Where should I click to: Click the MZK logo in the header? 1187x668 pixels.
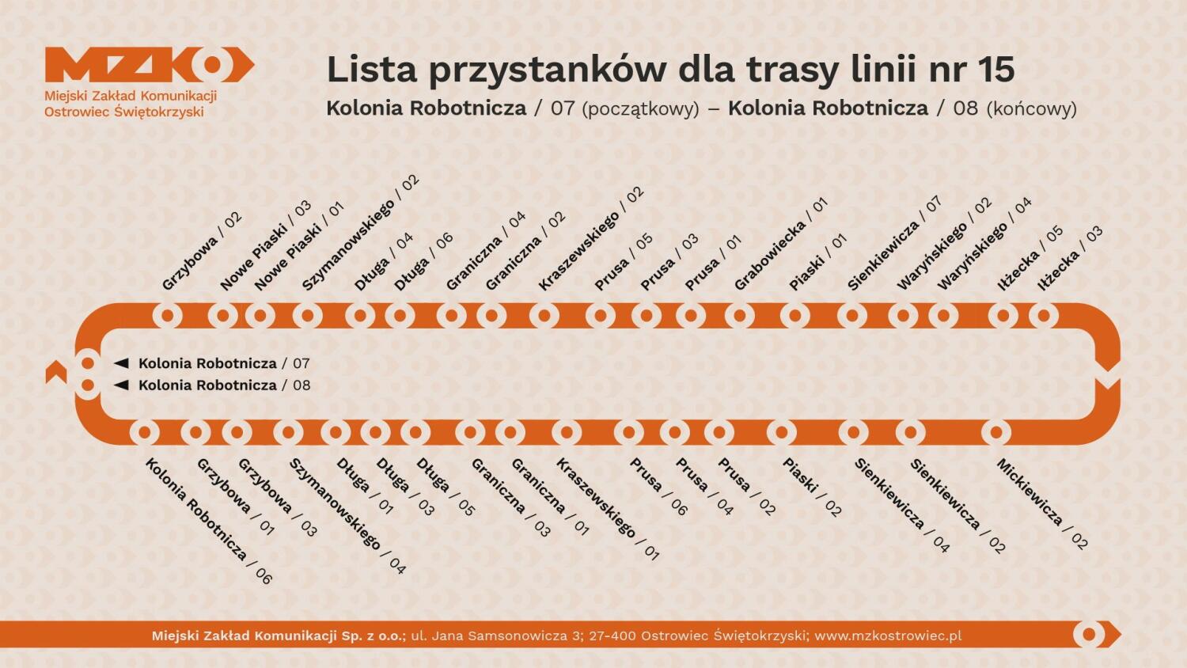(149, 65)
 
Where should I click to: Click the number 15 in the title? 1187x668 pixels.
(995, 70)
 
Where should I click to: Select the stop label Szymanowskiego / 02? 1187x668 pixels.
(361, 233)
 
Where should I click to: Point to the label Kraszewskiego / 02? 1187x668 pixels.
(591, 238)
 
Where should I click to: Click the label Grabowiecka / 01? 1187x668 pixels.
(780, 244)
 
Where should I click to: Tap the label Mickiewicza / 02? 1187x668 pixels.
(1042, 503)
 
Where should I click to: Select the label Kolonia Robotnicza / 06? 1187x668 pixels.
(208, 521)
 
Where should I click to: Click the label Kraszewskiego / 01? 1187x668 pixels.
(607, 509)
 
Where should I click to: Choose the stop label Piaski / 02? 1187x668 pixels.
(812, 487)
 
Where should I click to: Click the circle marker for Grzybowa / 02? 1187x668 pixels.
(167, 316)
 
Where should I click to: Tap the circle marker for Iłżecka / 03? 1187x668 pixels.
(1044, 316)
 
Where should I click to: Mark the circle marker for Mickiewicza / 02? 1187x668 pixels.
(996, 433)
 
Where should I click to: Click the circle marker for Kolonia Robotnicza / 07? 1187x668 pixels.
(88, 363)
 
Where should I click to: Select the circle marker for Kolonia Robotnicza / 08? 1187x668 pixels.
(88, 385)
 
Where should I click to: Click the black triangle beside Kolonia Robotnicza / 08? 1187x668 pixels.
(121, 385)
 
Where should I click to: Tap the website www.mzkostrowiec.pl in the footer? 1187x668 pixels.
(888, 636)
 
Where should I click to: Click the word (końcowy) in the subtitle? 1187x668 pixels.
(1031, 108)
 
